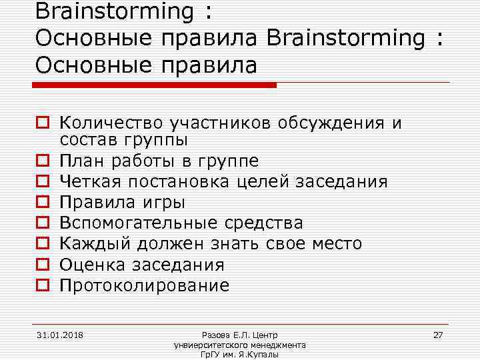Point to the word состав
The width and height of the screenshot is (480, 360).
click(86, 140)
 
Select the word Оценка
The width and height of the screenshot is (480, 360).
click(92, 265)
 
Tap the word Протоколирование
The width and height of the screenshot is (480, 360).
click(144, 285)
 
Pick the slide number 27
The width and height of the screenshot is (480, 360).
click(438, 334)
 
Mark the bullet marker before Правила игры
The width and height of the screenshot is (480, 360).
click(41, 202)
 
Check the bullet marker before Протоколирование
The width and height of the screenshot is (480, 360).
click(41, 285)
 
